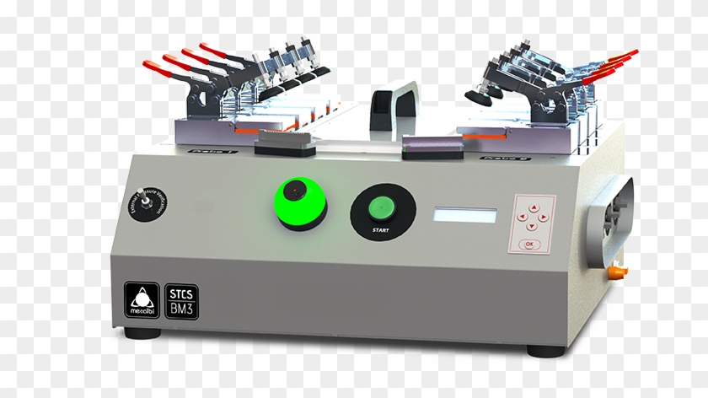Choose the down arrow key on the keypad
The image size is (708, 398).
[x=532, y=226]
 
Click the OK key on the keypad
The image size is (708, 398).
[x=529, y=243]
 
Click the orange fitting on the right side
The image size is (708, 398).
[x=620, y=272]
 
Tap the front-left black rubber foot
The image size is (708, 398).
[x=137, y=333]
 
